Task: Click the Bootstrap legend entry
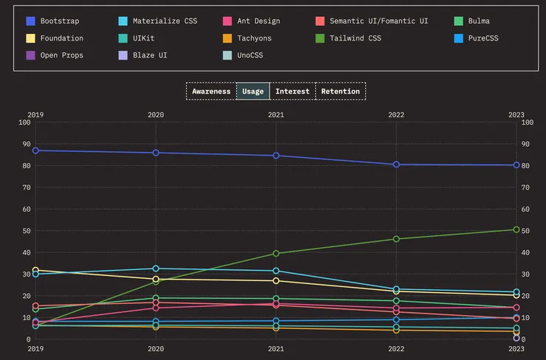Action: point(59,21)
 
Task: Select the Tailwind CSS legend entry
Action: point(355,38)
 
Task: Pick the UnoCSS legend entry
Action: point(249,55)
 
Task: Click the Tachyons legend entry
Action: point(254,38)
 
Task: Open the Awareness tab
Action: point(211,91)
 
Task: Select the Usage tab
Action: point(253,91)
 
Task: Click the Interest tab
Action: point(292,91)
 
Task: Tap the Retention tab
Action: point(340,91)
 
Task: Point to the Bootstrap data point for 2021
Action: point(276,156)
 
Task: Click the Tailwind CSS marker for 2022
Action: point(396,239)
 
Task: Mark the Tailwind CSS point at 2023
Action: point(516,229)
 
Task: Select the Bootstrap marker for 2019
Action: point(35,150)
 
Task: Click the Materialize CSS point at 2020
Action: point(156,269)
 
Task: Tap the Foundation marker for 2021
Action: point(276,281)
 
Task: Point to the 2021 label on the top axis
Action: point(276,114)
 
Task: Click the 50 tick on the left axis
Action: point(25,231)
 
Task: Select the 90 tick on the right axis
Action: point(527,144)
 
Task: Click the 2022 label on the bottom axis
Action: point(396,349)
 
